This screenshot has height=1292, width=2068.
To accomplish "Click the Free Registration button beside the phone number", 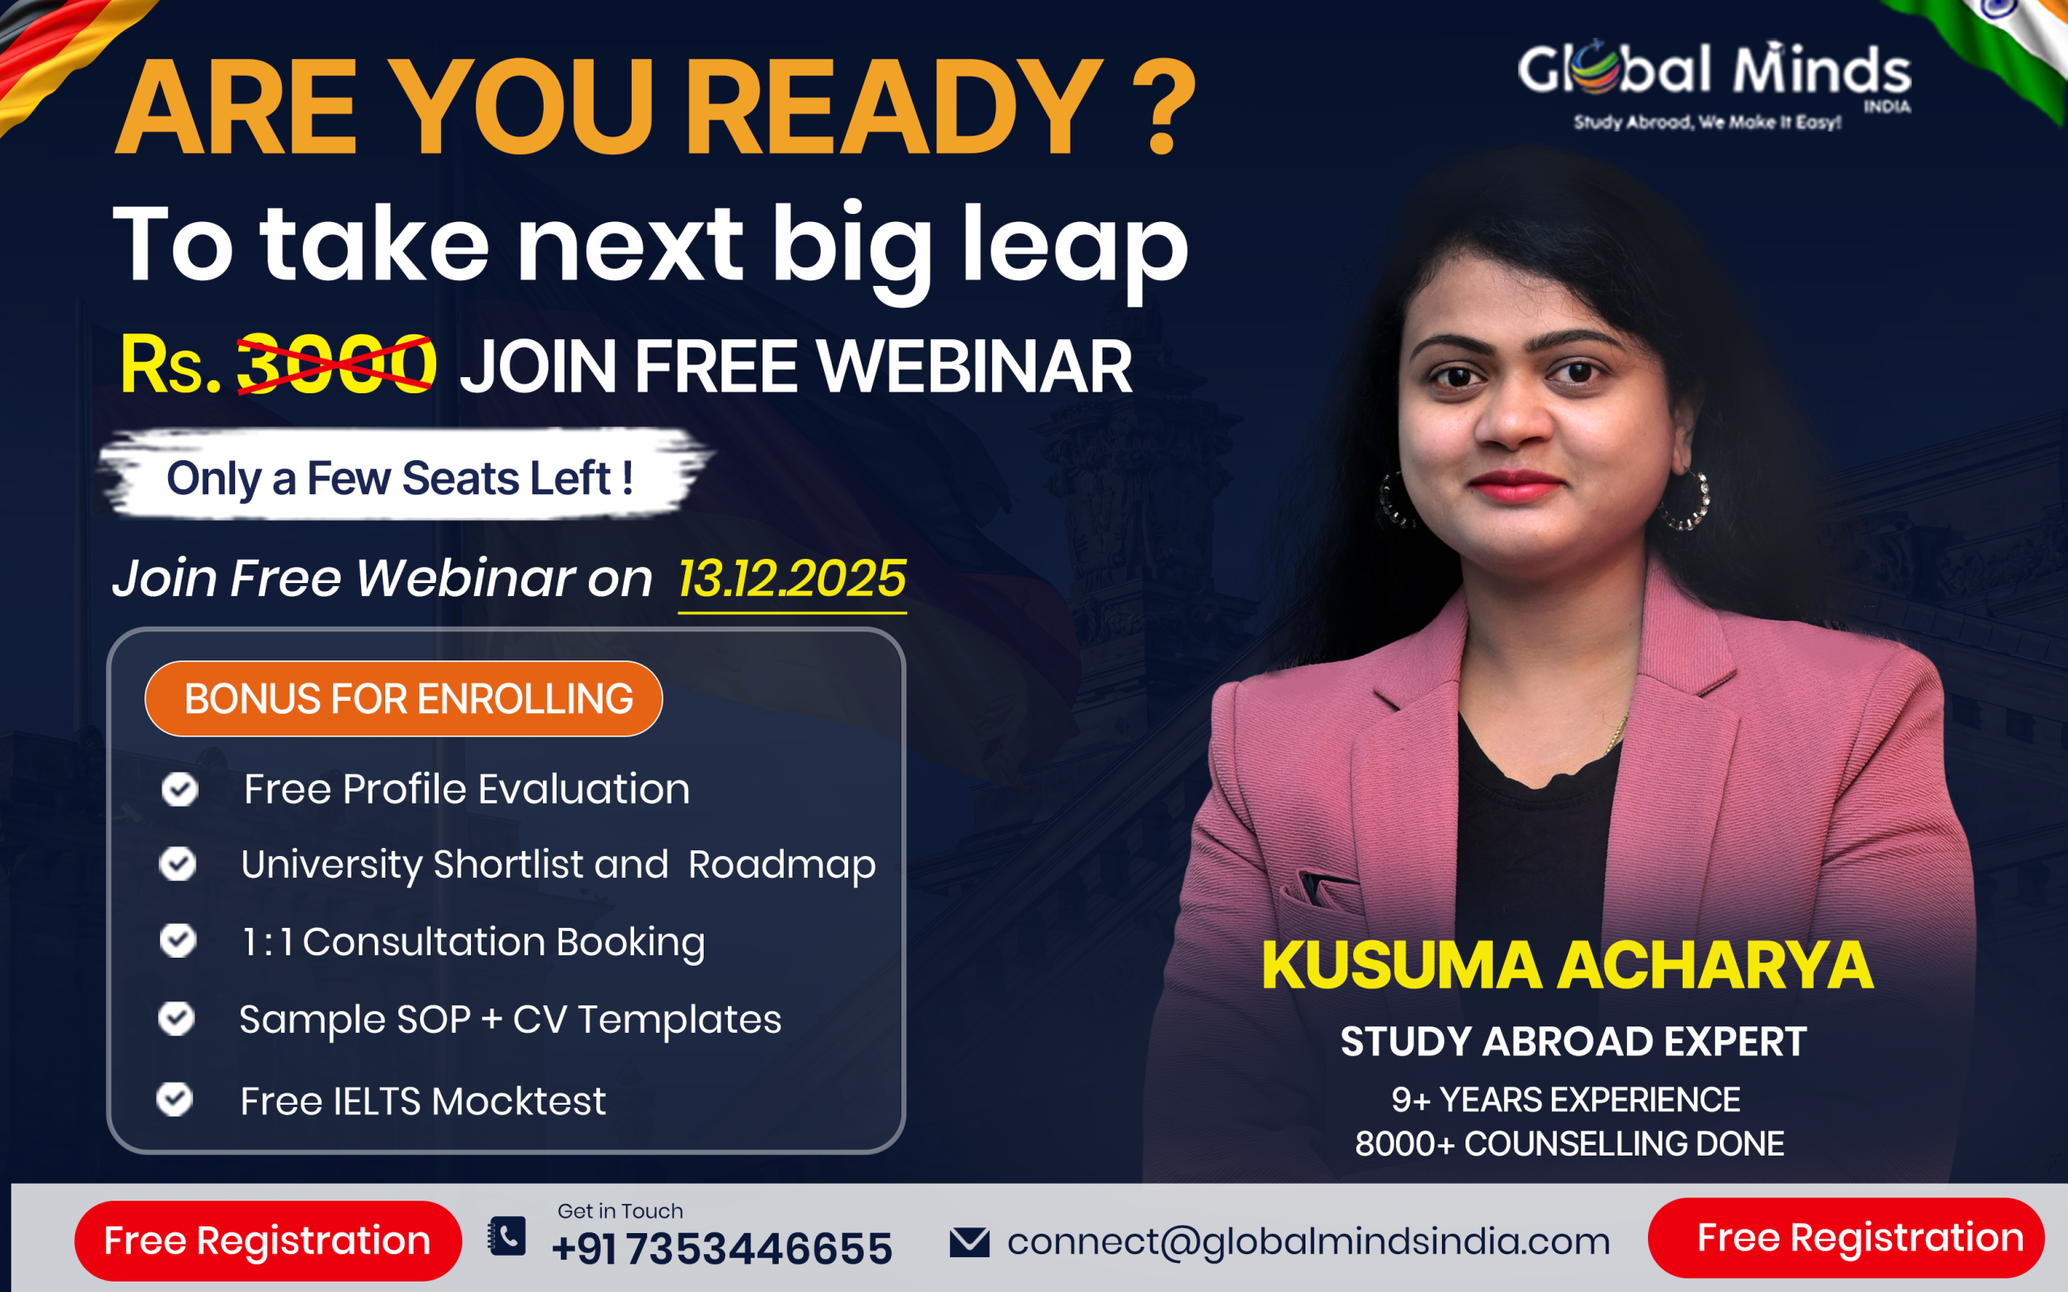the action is [x=267, y=1241].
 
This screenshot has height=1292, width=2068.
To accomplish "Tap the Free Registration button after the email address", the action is [x=1846, y=1238].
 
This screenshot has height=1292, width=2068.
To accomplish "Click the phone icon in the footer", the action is [x=506, y=1235].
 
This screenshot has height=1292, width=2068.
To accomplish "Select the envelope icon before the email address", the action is [x=969, y=1242].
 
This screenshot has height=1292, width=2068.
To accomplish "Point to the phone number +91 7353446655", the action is [x=722, y=1248].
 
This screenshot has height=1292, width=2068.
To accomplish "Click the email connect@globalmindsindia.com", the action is [x=1309, y=1242].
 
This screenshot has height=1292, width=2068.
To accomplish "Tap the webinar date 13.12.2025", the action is [x=792, y=579].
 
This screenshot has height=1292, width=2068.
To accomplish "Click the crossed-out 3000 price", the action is [x=336, y=365].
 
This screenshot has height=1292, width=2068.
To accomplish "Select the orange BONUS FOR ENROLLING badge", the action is [x=403, y=698].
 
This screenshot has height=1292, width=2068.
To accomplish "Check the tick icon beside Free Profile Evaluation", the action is [x=179, y=789].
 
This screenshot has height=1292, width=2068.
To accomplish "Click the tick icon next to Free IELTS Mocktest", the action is [x=174, y=1099].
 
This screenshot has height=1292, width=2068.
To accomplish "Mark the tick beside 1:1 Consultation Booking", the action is [x=178, y=940].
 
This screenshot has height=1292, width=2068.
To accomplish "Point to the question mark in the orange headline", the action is [x=1163, y=107].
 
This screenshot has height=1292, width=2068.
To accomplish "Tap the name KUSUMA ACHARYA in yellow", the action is [x=1567, y=966].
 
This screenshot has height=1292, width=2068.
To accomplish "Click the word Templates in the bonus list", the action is [x=679, y=1019].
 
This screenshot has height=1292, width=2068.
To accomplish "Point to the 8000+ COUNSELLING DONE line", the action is [x=1570, y=1143].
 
